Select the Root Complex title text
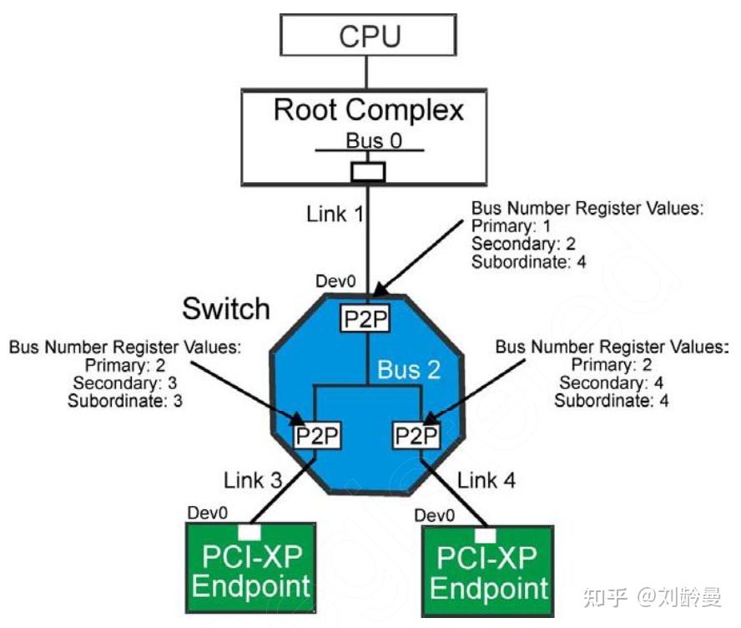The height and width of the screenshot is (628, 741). (x=369, y=109)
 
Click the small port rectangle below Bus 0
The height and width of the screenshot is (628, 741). (x=367, y=172)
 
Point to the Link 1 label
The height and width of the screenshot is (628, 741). (x=334, y=214)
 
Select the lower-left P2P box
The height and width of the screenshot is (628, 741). (x=316, y=436)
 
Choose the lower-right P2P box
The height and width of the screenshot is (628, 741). (x=416, y=436)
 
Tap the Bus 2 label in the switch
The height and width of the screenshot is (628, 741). (x=408, y=370)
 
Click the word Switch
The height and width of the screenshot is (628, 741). (x=226, y=309)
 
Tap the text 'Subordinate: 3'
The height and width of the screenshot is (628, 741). (x=125, y=400)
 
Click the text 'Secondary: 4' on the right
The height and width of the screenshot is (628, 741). (x=598, y=382)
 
